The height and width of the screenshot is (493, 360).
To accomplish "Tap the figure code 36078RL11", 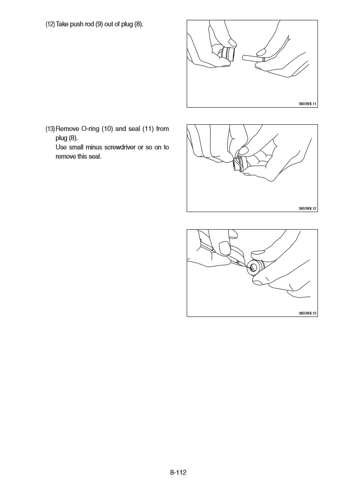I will tap(307, 104).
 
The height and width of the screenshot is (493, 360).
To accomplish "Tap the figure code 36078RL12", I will tap(307, 208).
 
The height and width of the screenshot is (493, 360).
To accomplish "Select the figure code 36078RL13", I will tap(307, 313).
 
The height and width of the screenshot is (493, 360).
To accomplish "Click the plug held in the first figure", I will tap(228, 53).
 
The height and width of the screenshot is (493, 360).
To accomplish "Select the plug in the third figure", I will tap(255, 267).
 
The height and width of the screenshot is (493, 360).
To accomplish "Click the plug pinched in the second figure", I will tap(241, 163).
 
